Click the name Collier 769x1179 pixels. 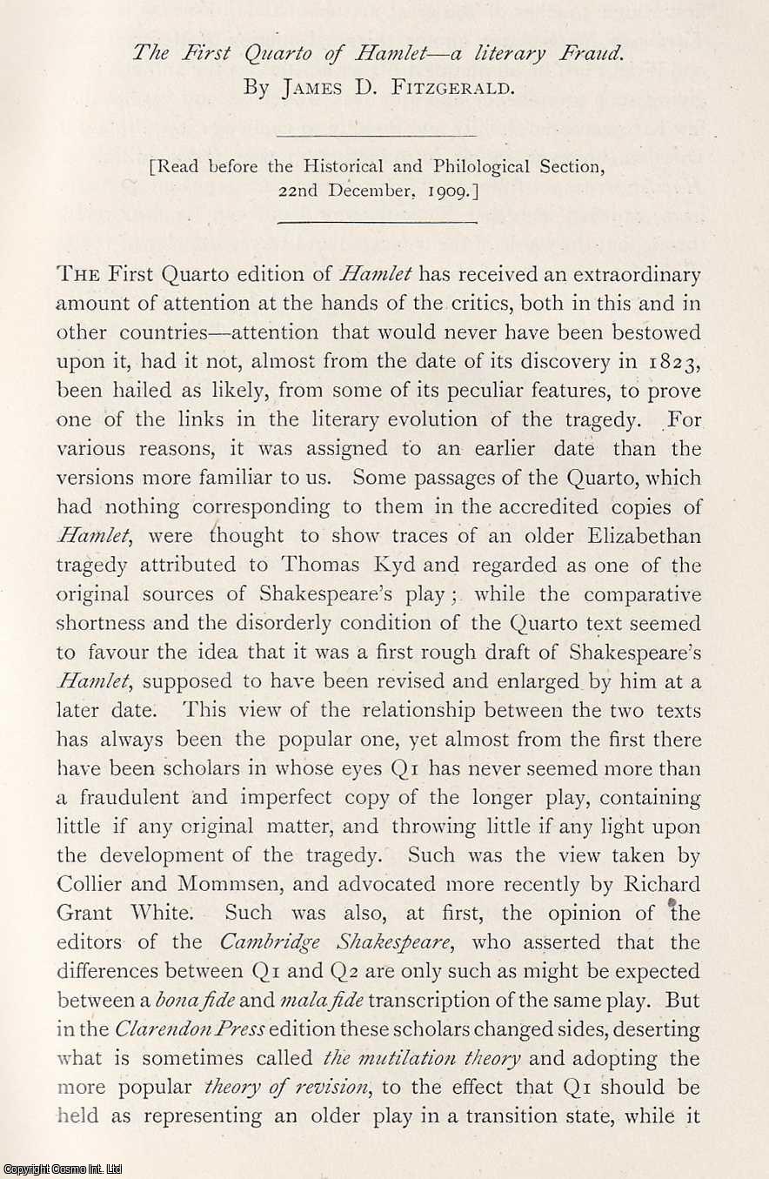(88, 885)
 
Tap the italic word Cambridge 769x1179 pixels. (236, 943)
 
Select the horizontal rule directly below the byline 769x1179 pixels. (376, 136)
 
